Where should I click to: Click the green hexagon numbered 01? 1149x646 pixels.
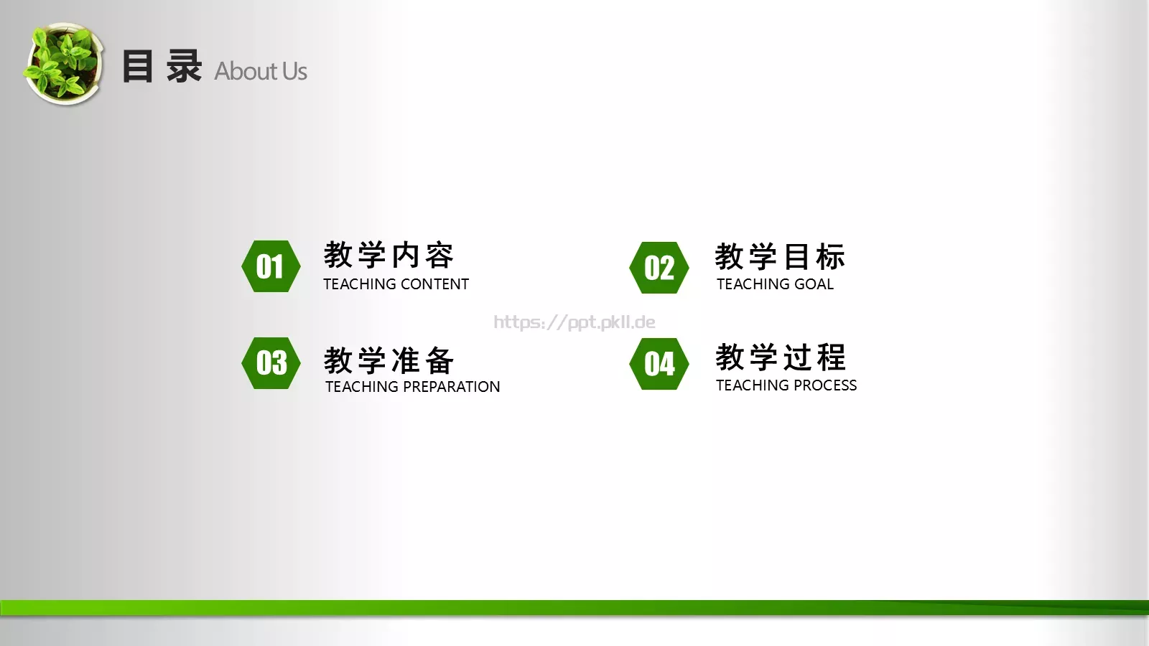[271, 266]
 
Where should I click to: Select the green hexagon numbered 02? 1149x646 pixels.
[659, 268]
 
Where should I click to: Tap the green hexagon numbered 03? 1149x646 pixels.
[271, 363]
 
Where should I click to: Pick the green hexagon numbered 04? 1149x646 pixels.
[659, 364]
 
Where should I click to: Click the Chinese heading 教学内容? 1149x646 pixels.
[389, 256]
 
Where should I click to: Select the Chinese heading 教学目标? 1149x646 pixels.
[780, 257]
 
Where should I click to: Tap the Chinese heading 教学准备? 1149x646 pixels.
[389, 360]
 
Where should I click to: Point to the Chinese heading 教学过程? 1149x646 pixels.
[781, 357]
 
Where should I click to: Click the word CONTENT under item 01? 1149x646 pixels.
[434, 284]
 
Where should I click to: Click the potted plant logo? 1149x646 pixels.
[64, 64]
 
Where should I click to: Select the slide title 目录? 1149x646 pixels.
[162, 67]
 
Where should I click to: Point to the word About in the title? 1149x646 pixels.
[246, 71]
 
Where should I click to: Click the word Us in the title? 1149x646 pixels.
[294, 71]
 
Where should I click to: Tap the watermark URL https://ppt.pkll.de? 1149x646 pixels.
[574, 322]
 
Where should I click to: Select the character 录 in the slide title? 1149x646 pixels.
[184, 67]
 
